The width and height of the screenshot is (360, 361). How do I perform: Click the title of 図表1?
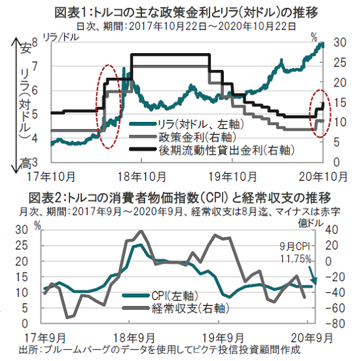click(x=187, y=12)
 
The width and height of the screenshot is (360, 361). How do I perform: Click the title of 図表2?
click(x=179, y=198)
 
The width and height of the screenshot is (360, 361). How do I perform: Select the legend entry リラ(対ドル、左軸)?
click(x=187, y=124)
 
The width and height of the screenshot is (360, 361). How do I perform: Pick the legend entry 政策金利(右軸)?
click(x=183, y=138)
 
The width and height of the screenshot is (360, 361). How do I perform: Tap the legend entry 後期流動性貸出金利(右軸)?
click(x=212, y=151)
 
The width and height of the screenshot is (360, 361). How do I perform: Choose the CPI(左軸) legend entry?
click(x=160, y=295)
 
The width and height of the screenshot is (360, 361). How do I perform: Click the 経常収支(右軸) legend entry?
click(x=175, y=309)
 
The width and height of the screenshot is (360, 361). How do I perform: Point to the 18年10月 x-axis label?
click(x=141, y=177)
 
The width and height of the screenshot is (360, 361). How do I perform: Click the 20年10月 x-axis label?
click(x=323, y=177)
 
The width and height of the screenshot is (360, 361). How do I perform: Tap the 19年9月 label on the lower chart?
click(x=223, y=338)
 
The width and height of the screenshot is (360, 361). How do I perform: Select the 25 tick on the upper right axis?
click(x=340, y=63)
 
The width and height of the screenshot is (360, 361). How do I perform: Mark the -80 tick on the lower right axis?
click(x=335, y=324)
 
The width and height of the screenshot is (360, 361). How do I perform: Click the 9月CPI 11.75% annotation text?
click(x=295, y=253)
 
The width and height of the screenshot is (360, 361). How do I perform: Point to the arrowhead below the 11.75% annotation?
click(x=314, y=281)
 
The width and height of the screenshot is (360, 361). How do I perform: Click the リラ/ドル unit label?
click(x=61, y=37)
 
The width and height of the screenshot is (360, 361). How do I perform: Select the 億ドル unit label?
click(x=311, y=223)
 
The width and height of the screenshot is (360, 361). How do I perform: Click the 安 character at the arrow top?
click(x=26, y=48)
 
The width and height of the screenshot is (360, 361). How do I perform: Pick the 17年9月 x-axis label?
click(x=45, y=338)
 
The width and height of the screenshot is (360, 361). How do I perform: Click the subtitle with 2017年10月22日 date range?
click(x=186, y=27)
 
